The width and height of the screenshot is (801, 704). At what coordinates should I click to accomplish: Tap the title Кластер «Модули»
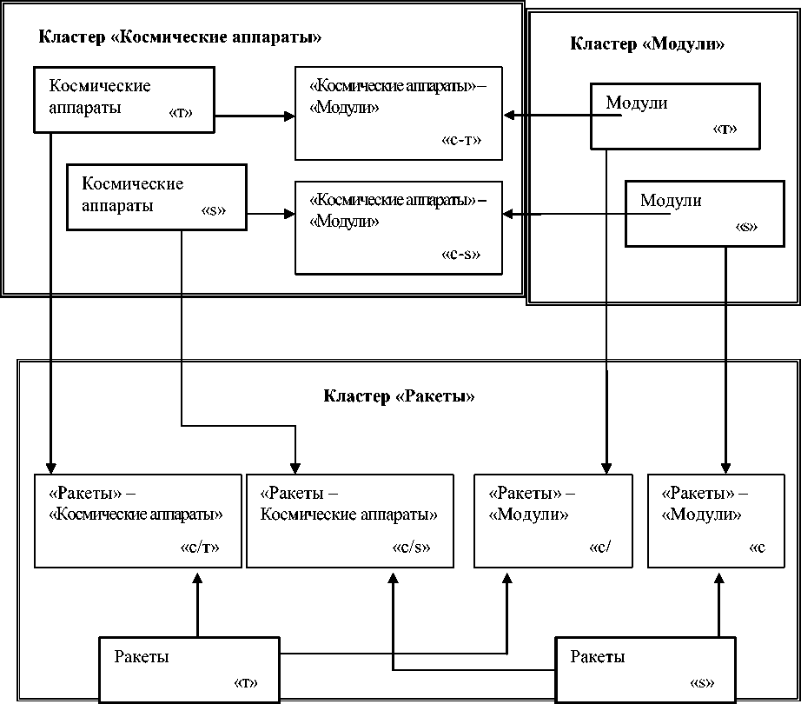click(647, 44)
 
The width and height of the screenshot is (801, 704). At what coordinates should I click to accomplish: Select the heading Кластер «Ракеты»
click(400, 397)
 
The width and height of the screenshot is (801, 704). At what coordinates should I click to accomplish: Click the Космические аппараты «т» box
click(124, 100)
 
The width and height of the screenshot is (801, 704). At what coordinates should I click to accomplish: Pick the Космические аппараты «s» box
click(156, 197)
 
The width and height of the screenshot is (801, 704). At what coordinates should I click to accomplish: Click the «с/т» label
click(200, 548)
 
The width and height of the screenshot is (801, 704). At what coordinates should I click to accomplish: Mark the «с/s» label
click(412, 548)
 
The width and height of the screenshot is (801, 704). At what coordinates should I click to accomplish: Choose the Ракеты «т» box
click(189, 669)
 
